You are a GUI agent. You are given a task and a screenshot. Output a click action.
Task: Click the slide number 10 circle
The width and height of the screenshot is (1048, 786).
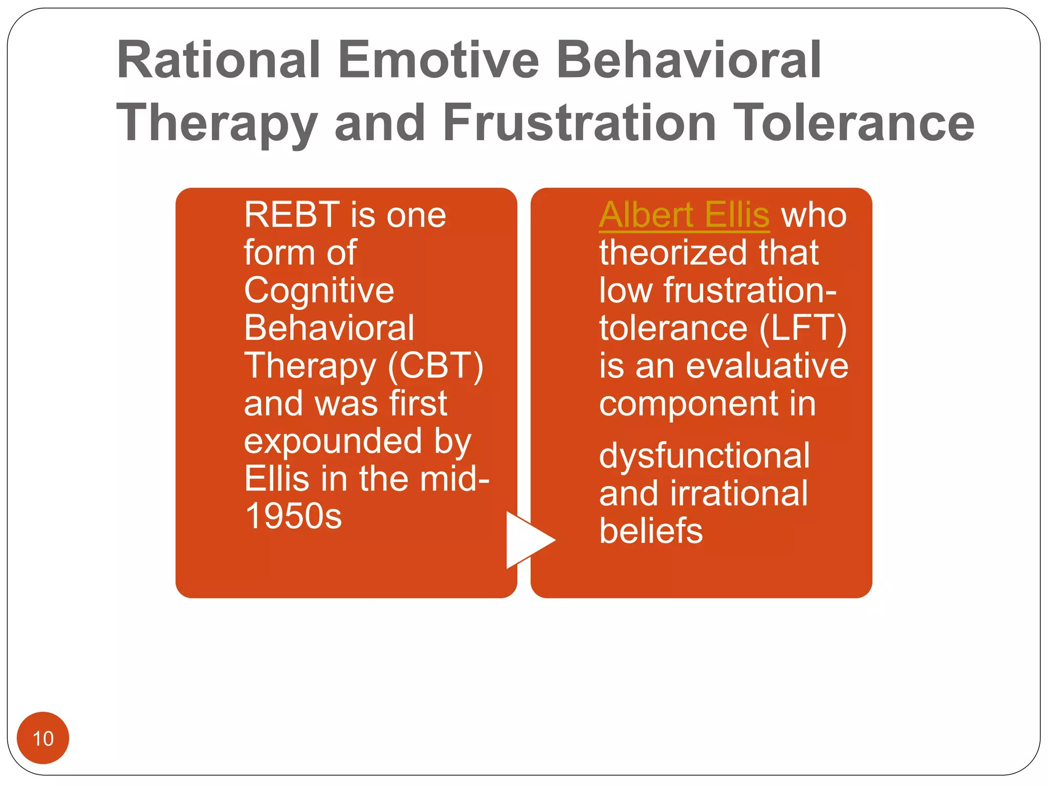click(43, 738)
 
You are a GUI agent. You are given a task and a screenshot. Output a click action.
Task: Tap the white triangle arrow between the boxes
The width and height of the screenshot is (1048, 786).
click(527, 540)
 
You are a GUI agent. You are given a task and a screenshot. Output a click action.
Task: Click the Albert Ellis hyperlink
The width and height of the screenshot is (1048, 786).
click(684, 215)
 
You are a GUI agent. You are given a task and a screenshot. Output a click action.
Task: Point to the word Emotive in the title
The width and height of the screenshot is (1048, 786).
click(438, 60)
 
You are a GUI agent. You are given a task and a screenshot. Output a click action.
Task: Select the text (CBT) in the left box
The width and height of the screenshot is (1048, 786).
click(435, 366)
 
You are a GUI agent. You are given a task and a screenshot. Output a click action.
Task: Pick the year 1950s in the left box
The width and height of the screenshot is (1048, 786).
click(293, 516)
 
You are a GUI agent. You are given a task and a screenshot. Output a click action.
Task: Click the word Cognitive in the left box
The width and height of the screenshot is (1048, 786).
click(319, 291)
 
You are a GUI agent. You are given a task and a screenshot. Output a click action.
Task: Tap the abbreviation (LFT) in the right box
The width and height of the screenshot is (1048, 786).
click(802, 328)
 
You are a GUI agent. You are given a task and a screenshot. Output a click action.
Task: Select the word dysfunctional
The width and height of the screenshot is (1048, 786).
click(704, 455)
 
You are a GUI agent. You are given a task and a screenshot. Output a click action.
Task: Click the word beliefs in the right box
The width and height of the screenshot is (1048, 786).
click(650, 531)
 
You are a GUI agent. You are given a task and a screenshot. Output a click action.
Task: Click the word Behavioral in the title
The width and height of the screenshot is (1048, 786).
click(688, 60)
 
